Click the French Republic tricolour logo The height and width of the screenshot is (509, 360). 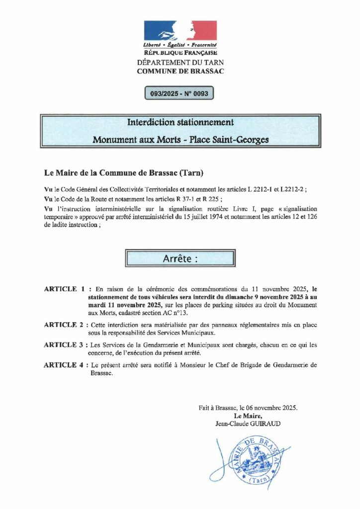coord(180,30)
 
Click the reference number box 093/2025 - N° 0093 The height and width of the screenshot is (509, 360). coord(180,93)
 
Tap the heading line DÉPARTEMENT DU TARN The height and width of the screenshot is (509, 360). coord(180,62)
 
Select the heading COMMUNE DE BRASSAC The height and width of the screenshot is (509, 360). coord(180,71)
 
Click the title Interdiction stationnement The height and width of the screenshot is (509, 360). coord(180,122)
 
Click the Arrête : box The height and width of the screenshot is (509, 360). coord(180,258)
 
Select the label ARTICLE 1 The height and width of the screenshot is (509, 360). coord(64,289)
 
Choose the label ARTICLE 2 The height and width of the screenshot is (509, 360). coord(64,325)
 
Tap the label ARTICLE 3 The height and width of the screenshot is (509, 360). coord(64,344)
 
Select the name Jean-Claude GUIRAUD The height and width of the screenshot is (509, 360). coord(247,423)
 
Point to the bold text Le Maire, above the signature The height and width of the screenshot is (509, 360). coord(247,416)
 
